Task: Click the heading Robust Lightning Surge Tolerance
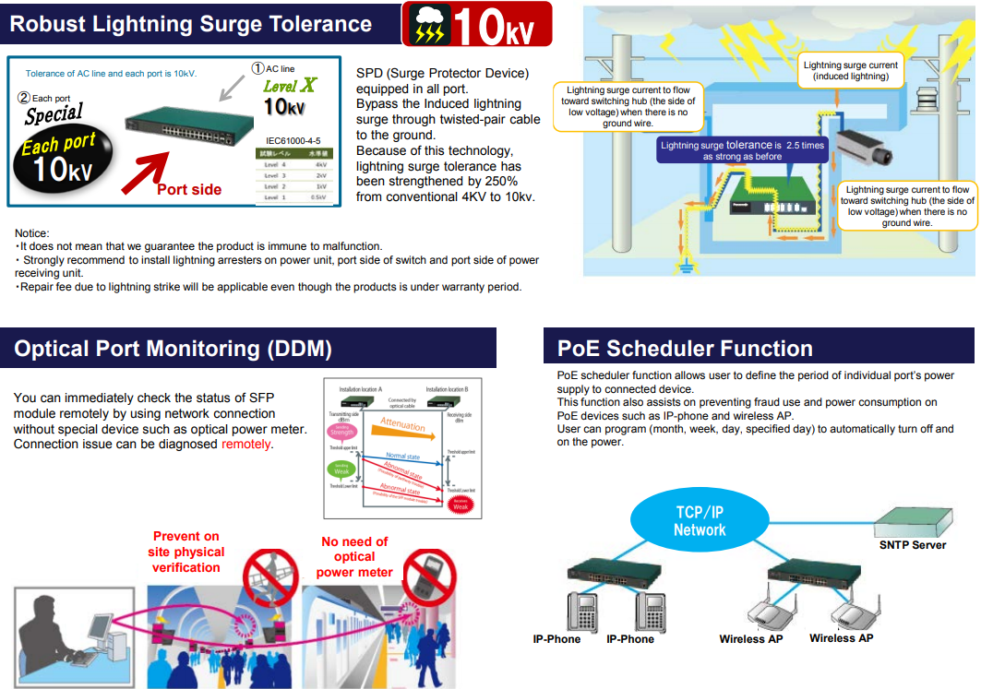(x=191, y=24)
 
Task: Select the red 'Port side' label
(x=189, y=189)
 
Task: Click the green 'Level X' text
(x=290, y=86)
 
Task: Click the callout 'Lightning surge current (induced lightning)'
(x=850, y=71)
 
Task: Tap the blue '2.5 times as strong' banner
(x=742, y=150)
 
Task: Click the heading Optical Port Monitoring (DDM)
(x=173, y=349)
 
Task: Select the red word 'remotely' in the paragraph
(x=246, y=444)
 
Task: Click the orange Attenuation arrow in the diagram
(x=402, y=425)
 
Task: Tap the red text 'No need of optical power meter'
(x=354, y=556)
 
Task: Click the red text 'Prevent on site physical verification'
(x=186, y=552)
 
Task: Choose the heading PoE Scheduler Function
(x=685, y=349)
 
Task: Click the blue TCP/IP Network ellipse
(x=700, y=521)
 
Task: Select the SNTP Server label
(x=913, y=545)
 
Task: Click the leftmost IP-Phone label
(x=556, y=639)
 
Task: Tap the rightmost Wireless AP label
(x=841, y=638)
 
